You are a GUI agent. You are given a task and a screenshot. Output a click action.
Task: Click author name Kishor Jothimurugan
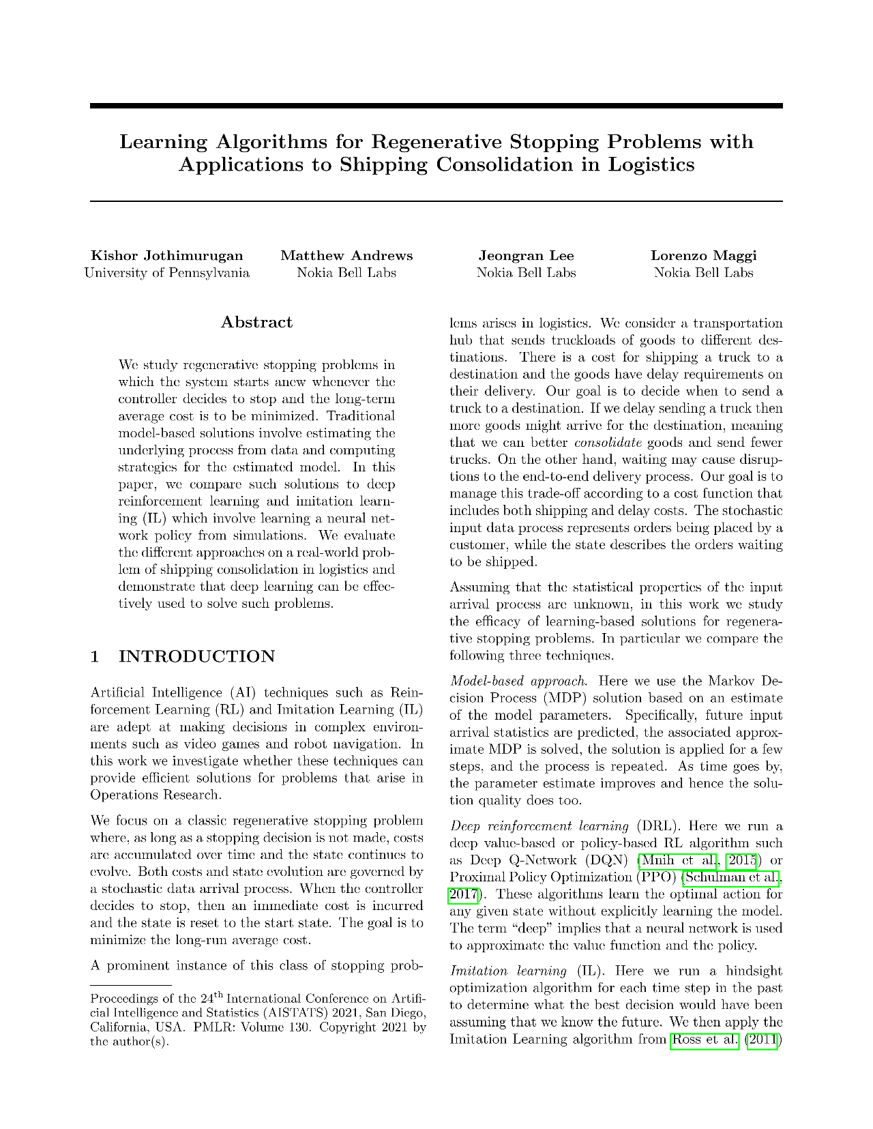point(166,256)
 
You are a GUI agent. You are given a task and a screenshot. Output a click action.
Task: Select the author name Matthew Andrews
point(346,256)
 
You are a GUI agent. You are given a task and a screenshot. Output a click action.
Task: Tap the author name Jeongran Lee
point(526,256)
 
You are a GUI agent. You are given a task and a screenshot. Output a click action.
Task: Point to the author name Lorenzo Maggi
point(703,256)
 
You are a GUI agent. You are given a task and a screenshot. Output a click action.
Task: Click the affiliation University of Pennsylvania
point(166,273)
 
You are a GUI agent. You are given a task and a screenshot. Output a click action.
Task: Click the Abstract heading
point(256,322)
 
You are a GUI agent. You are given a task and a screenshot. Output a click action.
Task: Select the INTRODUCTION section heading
point(197,656)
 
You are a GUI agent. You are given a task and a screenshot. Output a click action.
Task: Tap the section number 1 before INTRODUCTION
point(95,656)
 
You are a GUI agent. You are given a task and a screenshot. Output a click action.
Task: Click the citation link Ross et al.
point(705,1040)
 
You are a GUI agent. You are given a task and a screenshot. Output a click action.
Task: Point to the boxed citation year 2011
point(763,1040)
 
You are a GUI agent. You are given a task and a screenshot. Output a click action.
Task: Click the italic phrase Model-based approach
point(518,681)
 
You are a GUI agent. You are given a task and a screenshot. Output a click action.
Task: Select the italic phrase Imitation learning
point(508,971)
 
